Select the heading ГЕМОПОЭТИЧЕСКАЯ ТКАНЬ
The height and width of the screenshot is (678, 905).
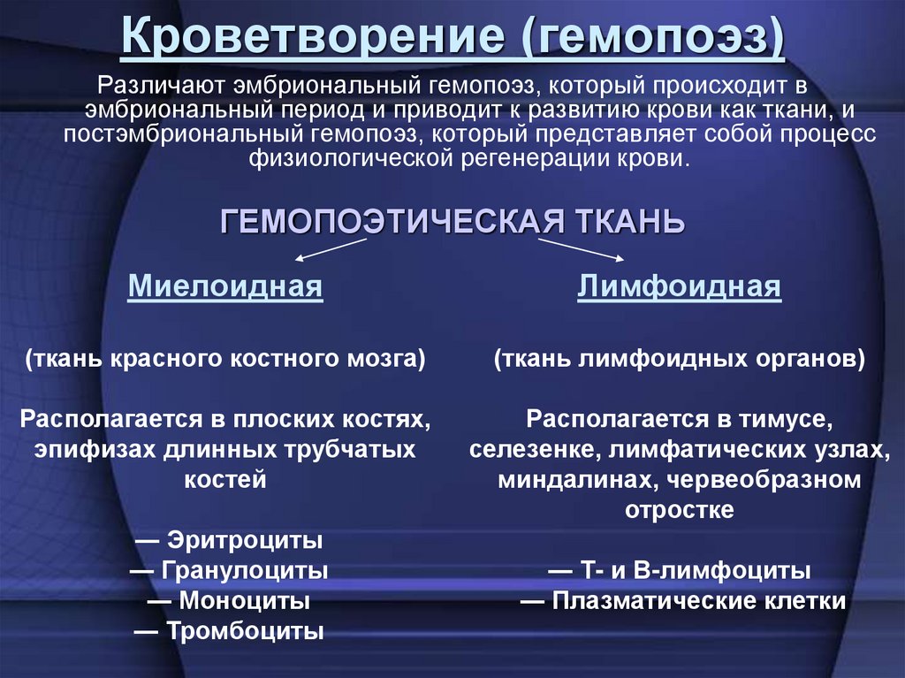(x=452, y=220)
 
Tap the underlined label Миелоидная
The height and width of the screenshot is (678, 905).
(x=225, y=286)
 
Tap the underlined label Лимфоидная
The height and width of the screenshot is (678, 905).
(x=680, y=286)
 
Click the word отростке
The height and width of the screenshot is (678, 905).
(x=680, y=510)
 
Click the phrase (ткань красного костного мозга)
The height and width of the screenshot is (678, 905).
(x=225, y=360)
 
